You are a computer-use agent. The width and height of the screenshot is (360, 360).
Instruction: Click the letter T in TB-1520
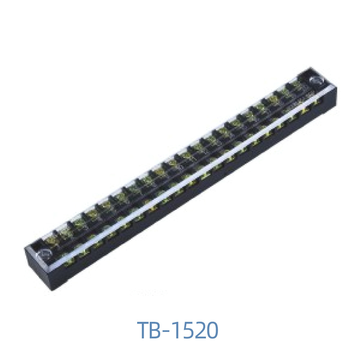tap(145, 330)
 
